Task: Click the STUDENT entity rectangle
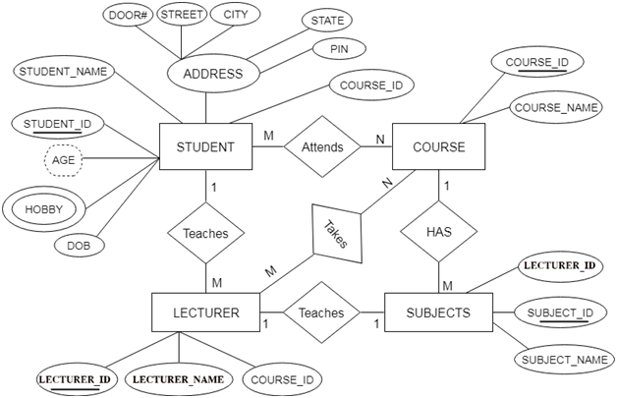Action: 204,147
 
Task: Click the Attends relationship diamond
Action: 323,147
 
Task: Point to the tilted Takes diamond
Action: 335,232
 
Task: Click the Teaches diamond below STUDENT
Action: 205,234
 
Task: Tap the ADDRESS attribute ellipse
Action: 206,74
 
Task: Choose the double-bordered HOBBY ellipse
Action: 43,209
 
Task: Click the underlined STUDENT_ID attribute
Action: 56,124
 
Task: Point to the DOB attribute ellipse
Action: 81,245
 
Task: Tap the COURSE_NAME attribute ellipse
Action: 555,108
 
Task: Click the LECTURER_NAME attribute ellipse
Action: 178,378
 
